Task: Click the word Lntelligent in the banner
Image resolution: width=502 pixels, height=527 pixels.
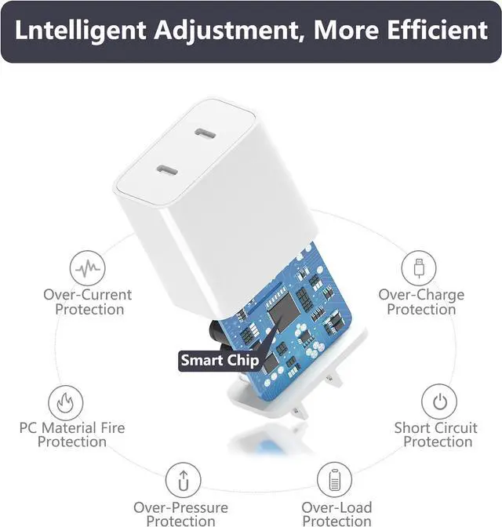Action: coord(80,31)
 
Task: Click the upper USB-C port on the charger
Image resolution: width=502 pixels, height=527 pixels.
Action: coord(205,134)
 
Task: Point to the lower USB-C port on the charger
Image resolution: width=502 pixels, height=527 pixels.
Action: coord(167,170)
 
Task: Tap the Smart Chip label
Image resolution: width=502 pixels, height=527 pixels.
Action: coord(220,360)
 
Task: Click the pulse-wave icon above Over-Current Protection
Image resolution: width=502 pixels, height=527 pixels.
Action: coord(87,268)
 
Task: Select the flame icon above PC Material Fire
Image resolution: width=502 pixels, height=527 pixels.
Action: coord(66,402)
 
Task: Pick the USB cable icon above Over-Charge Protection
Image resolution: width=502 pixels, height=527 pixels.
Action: coord(419,268)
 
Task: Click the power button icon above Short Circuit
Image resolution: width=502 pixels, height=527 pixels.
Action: coord(439,402)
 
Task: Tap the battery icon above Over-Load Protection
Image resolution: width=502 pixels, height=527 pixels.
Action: coord(334,480)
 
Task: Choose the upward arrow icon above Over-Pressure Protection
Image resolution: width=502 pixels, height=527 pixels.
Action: coord(184,480)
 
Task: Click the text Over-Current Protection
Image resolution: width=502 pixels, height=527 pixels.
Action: coord(88,302)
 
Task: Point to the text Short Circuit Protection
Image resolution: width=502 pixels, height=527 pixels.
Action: coord(436,434)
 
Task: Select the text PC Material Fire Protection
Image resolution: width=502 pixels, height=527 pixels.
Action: coord(72,434)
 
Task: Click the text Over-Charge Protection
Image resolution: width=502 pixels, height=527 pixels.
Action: coord(421,302)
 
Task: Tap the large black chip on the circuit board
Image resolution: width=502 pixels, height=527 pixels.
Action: coord(283,311)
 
